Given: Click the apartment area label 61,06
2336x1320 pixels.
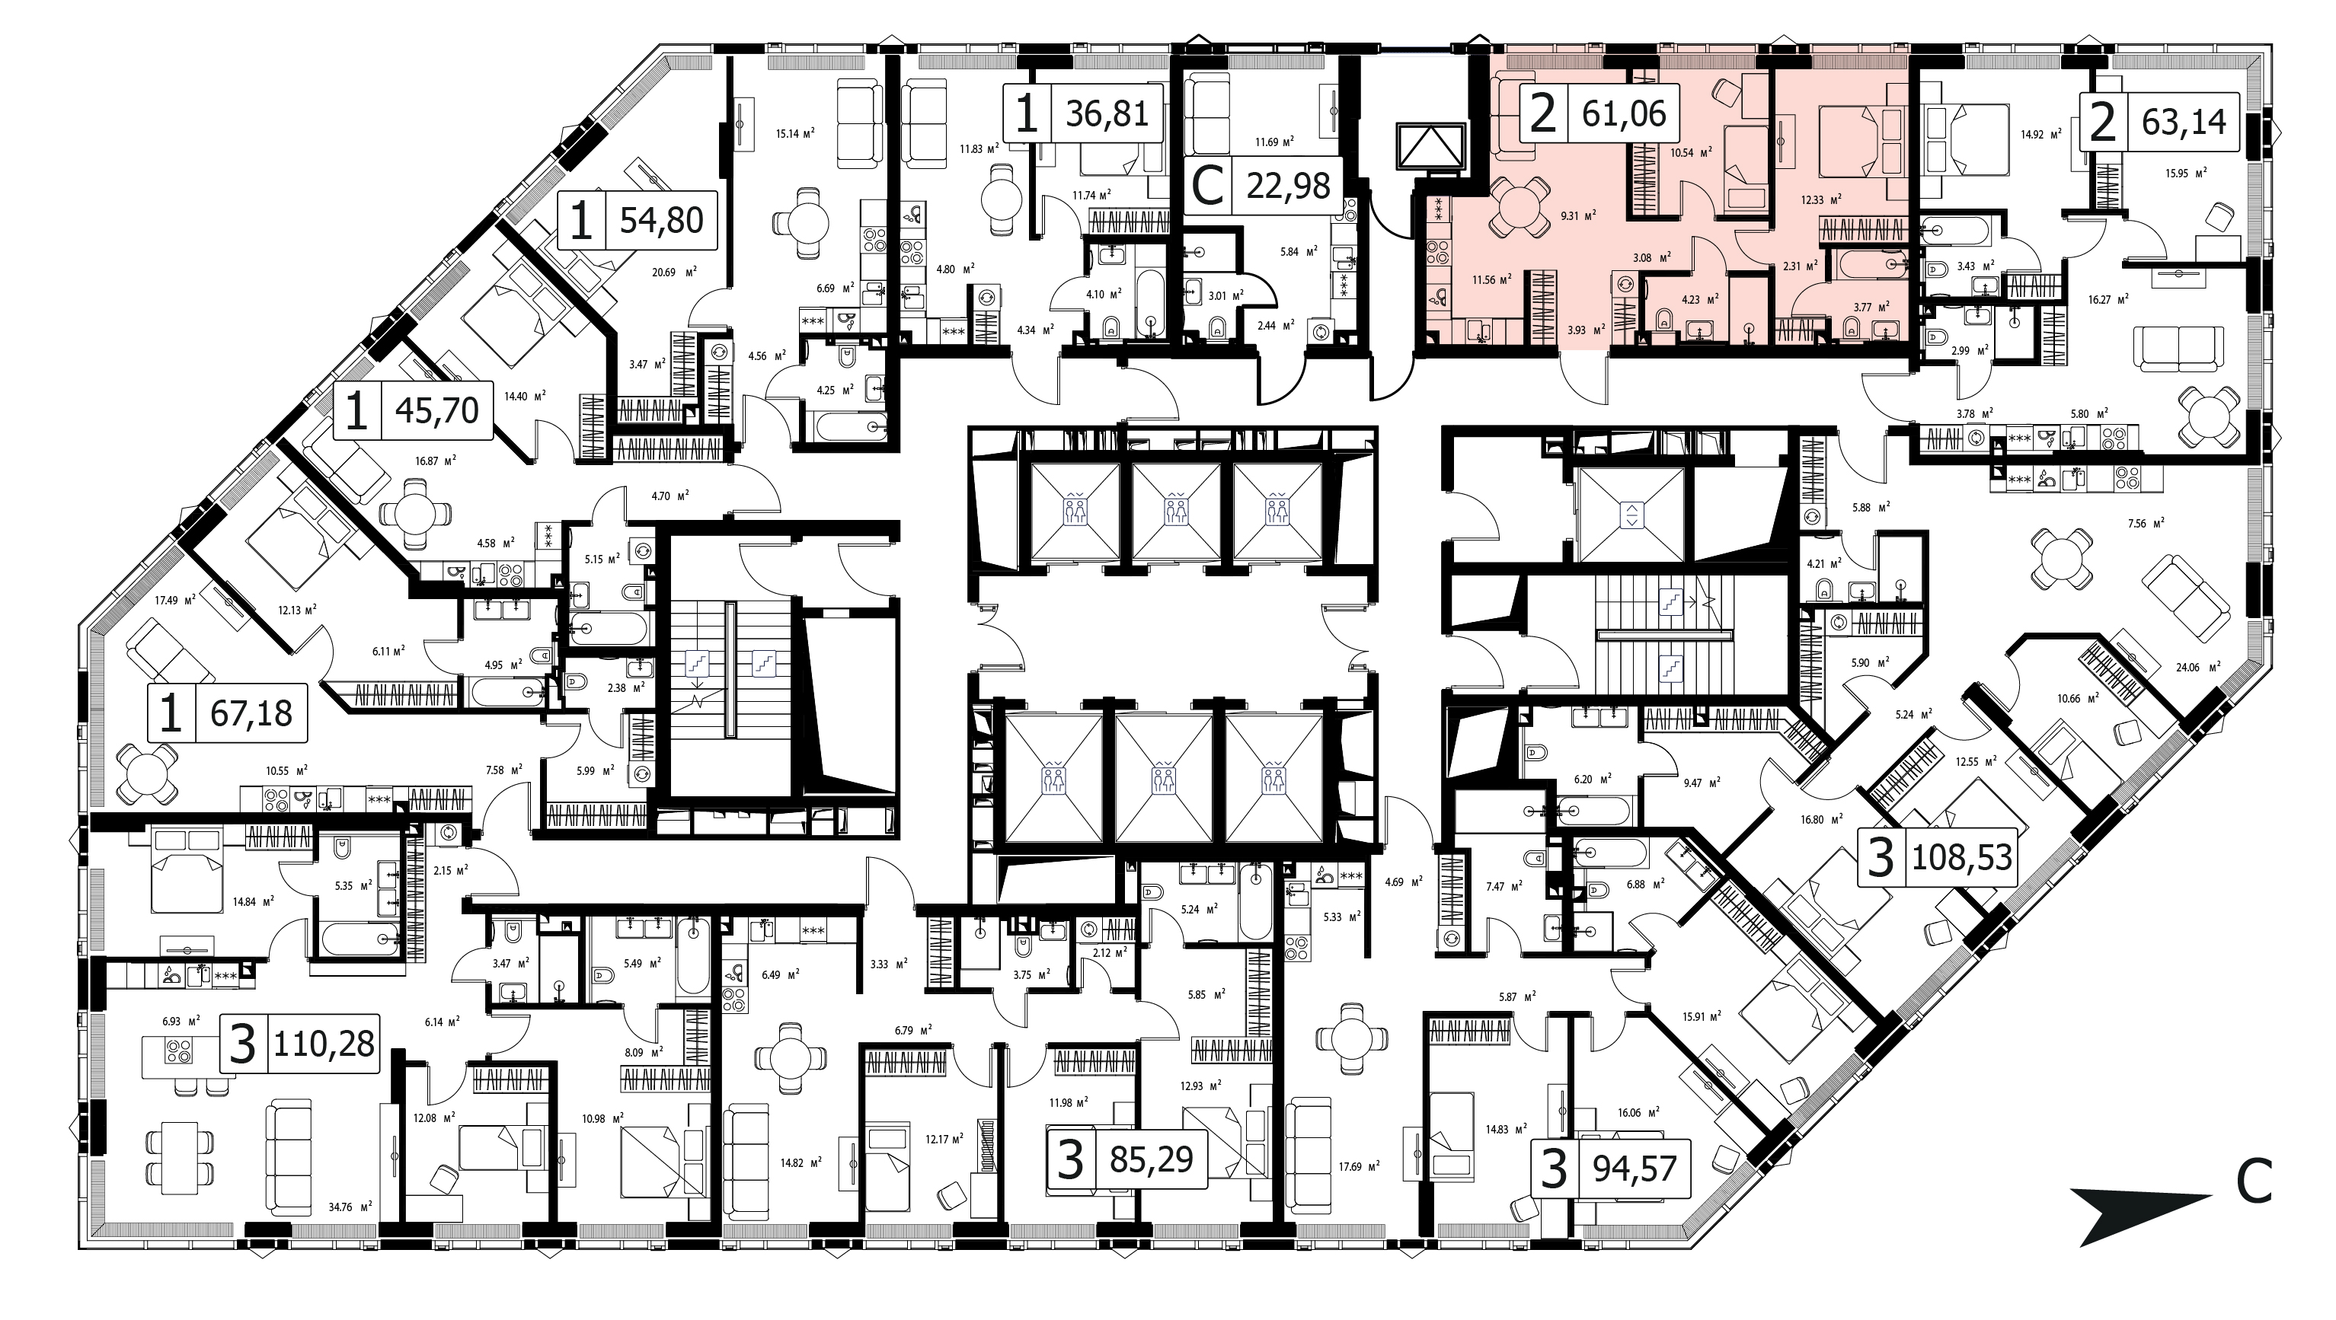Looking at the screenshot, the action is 1624,113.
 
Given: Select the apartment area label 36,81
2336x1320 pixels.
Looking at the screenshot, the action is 1107,113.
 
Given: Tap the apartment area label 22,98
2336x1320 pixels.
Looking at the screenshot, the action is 1289,186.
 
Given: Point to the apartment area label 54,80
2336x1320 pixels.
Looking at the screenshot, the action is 661,220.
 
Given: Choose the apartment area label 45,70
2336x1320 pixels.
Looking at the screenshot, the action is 437,410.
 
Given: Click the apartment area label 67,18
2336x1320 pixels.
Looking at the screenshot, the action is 251,713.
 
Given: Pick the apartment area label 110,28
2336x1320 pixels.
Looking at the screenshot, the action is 324,1044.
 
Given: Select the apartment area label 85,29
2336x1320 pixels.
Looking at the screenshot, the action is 1151,1159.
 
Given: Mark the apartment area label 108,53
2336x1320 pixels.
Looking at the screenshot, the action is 1961,856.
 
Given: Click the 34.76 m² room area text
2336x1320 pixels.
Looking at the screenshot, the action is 352,1207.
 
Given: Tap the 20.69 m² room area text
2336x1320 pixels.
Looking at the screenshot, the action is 673,271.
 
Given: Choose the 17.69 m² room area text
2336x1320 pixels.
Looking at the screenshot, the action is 1356,1165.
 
